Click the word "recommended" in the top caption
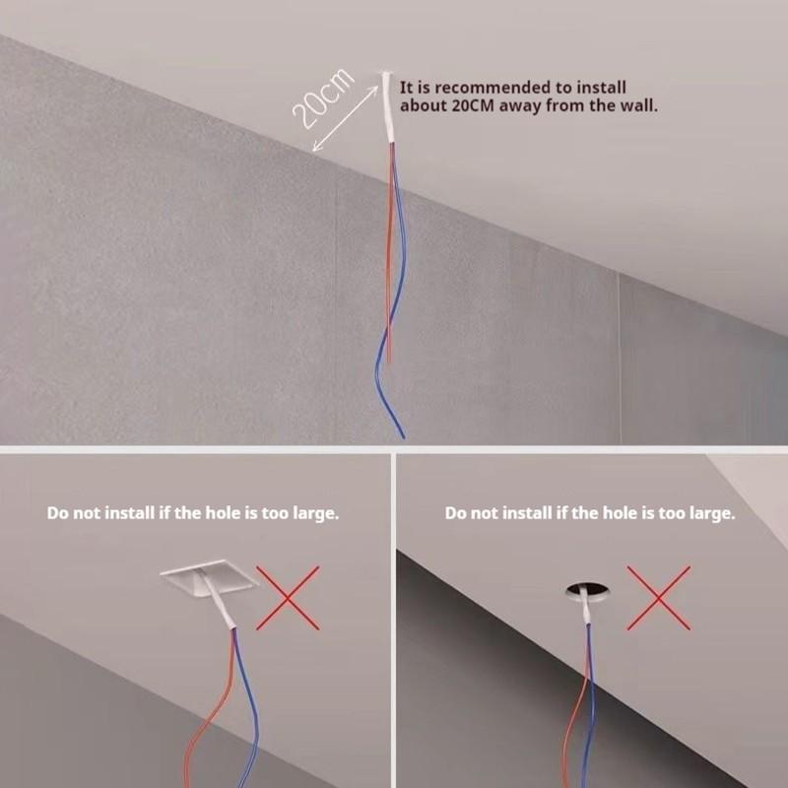click(477, 88)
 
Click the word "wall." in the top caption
click(637, 105)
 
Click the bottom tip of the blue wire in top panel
click(401, 433)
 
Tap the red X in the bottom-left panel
click(288, 597)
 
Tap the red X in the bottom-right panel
click(658, 597)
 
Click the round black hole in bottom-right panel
click(583, 590)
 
